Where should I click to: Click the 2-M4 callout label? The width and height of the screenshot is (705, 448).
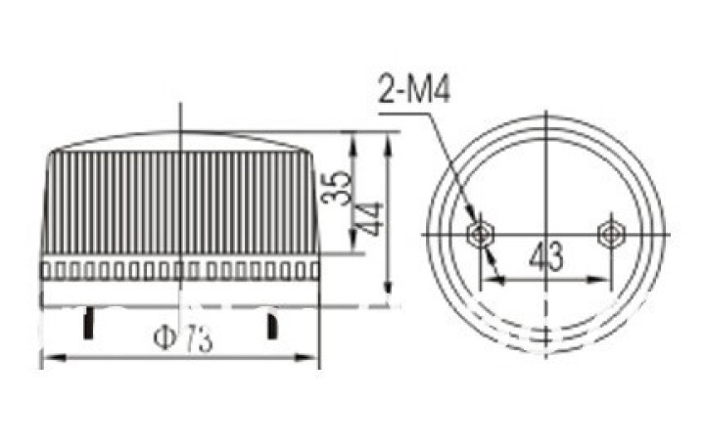click(x=414, y=90)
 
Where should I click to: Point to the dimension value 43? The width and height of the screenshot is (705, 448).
click(x=545, y=255)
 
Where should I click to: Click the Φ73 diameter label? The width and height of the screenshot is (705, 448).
click(x=182, y=339)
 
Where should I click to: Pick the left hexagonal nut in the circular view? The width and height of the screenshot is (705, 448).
click(x=481, y=234)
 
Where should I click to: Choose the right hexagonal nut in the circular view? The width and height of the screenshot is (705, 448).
click(x=611, y=234)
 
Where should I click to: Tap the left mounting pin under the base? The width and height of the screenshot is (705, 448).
click(x=88, y=323)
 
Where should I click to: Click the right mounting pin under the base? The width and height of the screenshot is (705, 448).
click(x=272, y=326)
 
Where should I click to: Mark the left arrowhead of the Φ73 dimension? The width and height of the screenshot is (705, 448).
click(x=54, y=358)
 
